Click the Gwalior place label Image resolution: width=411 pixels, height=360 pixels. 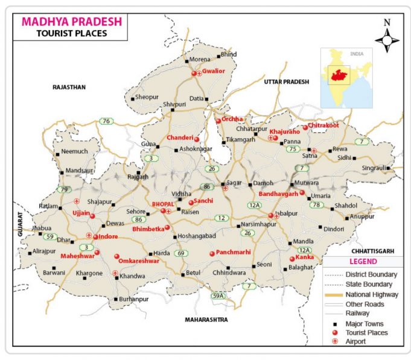(x=214, y=71)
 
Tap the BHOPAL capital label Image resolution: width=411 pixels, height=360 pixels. (x=162, y=204)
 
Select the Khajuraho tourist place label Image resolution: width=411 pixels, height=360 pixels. (x=284, y=131)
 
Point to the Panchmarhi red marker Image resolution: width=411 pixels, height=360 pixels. (x=212, y=254)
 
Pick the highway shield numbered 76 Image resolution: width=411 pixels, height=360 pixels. (x=106, y=121)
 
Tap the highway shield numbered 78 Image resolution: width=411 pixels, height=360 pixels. (x=315, y=205)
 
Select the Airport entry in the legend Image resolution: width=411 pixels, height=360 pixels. (x=358, y=341)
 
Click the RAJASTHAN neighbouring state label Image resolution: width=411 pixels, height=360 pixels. (x=69, y=87)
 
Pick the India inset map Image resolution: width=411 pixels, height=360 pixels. (x=346, y=78)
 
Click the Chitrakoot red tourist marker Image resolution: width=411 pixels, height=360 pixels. (x=305, y=127)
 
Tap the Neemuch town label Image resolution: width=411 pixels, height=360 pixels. (x=74, y=151)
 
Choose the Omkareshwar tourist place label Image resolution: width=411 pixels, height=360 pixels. (x=139, y=261)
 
